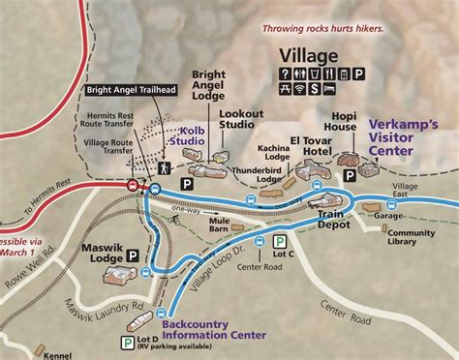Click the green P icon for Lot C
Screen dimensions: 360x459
(279, 244)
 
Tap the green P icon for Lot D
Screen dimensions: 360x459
(127, 340)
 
